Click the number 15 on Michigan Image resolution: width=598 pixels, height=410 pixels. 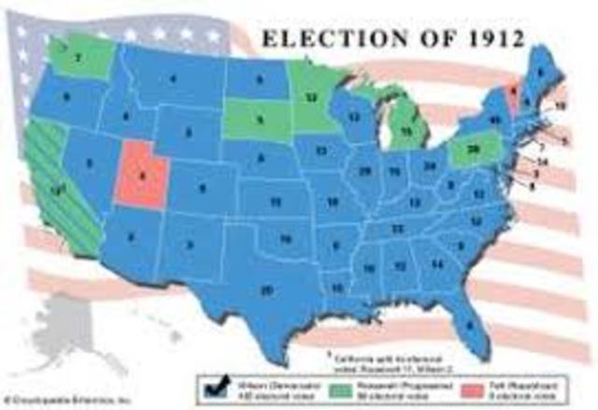pyautogui.click(x=406, y=132)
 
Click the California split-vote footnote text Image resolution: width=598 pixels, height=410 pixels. pyautogui.click(x=368, y=361)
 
